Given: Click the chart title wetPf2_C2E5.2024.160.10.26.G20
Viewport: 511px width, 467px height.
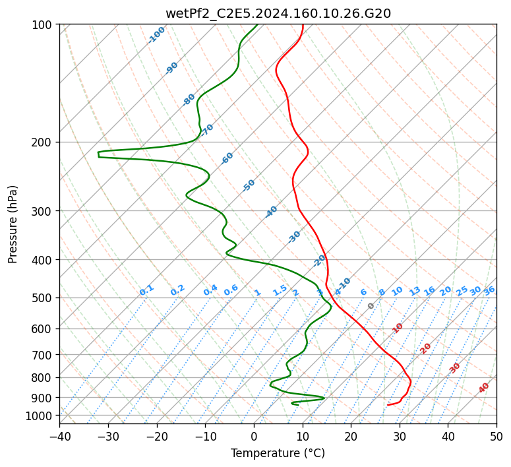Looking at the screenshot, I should pyautogui.click(x=278, y=13).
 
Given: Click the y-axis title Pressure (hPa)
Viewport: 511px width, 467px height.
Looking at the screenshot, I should pyautogui.click(x=13, y=224).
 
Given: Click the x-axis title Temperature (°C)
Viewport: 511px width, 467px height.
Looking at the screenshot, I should pyautogui.click(x=278, y=454).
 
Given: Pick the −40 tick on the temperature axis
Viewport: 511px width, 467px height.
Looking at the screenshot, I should pyautogui.click(x=59, y=436).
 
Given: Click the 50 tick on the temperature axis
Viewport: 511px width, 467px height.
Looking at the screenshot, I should pyautogui.click(x=496, y=436).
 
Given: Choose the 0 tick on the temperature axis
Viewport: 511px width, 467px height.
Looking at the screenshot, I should pyautogui.click(x=254, y=436).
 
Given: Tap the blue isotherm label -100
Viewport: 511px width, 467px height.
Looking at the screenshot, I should pyautogui.click(x=156, y=35).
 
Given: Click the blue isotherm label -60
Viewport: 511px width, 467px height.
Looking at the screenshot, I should pyautogui.click(x=227, y=158).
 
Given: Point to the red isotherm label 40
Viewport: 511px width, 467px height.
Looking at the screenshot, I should pyautogui.click(x=484, y=389).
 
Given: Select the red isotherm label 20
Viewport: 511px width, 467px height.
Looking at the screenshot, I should pyautogui.click(x=426, y=348).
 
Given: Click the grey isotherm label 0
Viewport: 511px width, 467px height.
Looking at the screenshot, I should pyautogui.click(x=371, y=306).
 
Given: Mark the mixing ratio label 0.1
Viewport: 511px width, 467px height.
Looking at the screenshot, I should pyautogui.click(x=146, y=290).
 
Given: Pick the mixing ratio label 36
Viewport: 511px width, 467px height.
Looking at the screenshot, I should pyautogui.click(x=489, y=290).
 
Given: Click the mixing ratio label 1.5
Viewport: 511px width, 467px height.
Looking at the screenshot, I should pyautogui.click(x=280, y=290).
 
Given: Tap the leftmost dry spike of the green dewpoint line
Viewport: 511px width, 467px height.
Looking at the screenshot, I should pyautogui.click(x=98, y=154).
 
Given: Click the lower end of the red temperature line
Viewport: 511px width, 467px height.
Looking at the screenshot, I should pyautogui.click(x=388, y=405).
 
